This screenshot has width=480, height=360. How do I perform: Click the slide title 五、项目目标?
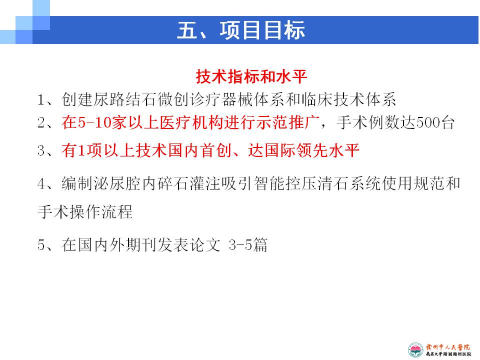tap(241, 30)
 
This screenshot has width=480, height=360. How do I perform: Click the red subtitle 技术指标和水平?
tap(251, 76)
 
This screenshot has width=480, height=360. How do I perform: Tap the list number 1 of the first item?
tap(41, 100)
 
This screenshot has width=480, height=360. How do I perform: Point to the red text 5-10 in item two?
tap(94, 123)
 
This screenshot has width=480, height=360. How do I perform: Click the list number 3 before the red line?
tap(41, 150)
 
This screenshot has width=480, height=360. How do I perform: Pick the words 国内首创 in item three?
tap(199, 150)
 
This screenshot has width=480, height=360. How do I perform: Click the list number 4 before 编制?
tap(41, 183)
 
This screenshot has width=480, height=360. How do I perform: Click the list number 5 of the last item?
tap(41, 245)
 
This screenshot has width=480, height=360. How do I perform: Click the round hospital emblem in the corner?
tap(415, 350)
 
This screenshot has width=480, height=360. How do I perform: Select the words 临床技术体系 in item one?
tap(348, 100)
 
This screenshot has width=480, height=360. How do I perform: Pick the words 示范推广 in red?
tap(288, 123)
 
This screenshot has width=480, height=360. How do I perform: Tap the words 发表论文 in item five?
tap(189, 245)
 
